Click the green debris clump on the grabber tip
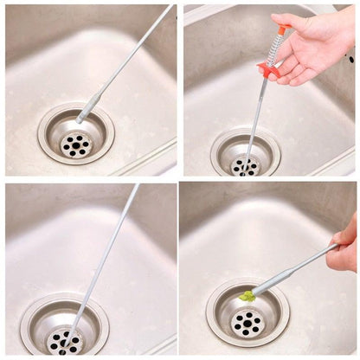[247, 296]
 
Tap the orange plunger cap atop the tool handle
[281, 30]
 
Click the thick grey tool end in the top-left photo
[88, 108]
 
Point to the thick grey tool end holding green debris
[275, 279]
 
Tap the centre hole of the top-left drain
[76, 145]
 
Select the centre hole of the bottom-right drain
[247, 325]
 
